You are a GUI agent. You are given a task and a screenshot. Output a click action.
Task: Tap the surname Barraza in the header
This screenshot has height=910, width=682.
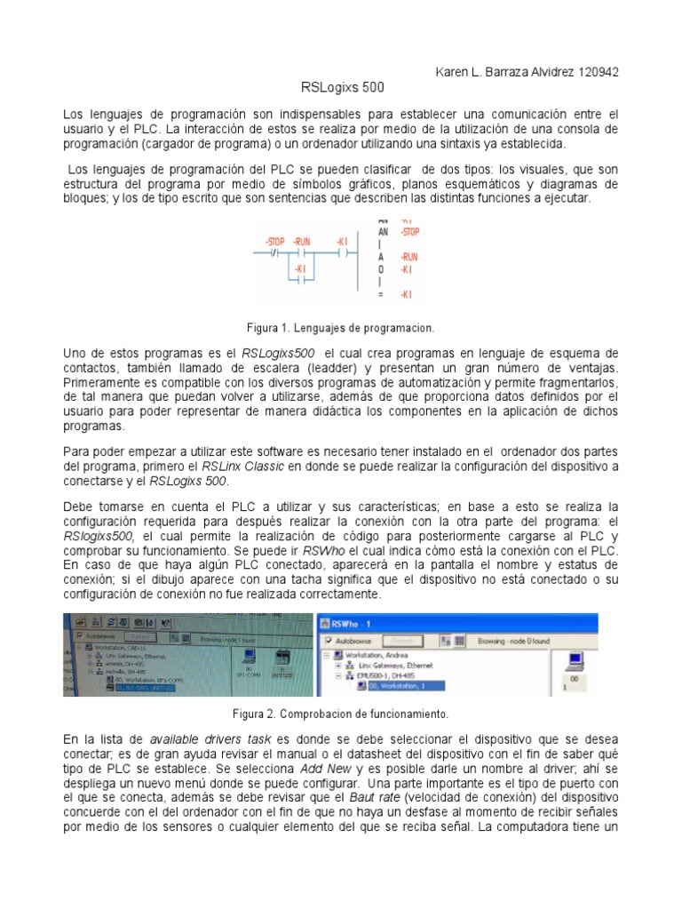505,72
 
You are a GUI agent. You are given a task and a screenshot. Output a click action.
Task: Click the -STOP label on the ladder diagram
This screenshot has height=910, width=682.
275,242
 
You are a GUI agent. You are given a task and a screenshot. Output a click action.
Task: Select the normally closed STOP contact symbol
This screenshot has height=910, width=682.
275,252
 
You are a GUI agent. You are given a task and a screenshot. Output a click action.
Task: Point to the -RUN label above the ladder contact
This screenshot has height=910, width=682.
302,242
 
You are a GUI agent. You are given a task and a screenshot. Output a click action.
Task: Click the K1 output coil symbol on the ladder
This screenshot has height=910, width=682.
342,252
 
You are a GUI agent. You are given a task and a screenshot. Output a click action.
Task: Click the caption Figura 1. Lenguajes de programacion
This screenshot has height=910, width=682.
341,327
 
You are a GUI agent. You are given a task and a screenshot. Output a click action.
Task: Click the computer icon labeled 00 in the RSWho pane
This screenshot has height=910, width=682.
574,660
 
